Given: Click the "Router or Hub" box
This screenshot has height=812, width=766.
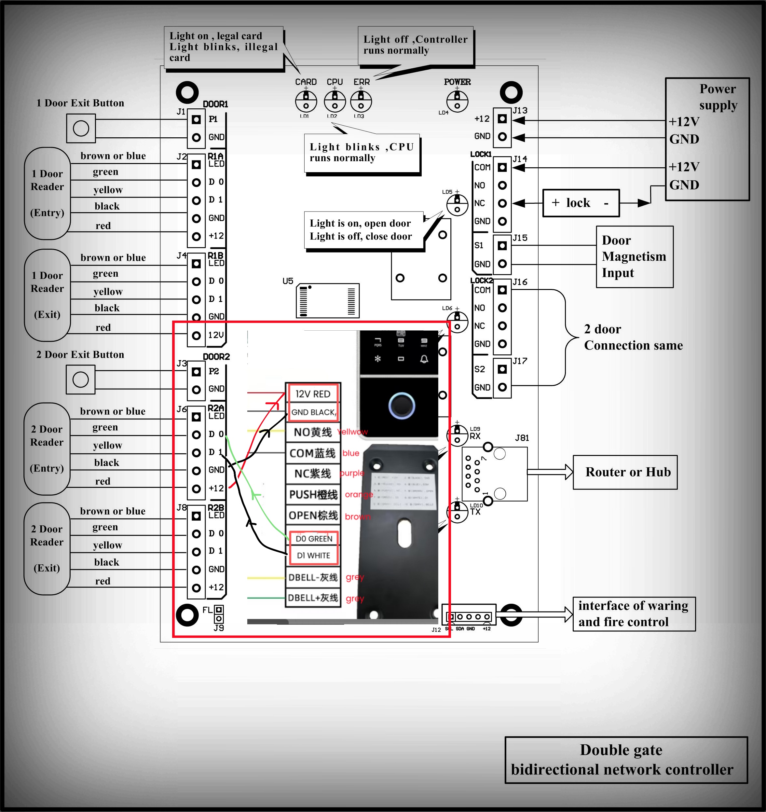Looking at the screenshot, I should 625,472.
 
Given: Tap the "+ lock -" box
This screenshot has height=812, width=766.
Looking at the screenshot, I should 581,203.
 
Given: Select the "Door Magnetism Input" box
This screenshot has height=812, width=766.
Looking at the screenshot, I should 634,256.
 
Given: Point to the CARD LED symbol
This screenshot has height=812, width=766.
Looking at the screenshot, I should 306,101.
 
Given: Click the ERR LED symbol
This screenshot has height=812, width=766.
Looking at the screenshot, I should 361,101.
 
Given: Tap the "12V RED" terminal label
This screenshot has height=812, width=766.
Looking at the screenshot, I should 313,394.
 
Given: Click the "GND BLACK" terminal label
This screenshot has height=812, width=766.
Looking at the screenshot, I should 313,412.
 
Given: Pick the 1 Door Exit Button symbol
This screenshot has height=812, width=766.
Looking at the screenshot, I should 81,129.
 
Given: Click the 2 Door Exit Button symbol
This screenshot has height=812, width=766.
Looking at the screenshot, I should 80,380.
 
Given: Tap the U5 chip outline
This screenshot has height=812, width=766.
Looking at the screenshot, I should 327,301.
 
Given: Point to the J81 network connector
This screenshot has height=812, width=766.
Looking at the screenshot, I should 495,474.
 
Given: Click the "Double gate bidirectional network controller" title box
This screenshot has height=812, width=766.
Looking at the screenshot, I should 626,760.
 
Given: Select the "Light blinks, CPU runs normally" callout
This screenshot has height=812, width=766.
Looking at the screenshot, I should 362,153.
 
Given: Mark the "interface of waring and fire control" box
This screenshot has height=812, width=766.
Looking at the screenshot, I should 634,614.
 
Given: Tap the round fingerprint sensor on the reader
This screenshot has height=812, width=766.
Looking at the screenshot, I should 402,405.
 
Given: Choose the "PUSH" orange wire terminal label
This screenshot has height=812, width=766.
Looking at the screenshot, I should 313,495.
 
